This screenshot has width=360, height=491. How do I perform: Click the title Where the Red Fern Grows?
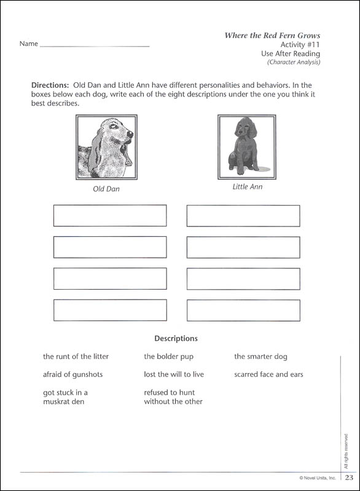coord(272,35)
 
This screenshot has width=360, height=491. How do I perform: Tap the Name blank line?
coord(94,45)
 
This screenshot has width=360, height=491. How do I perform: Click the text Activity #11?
coord(300,45)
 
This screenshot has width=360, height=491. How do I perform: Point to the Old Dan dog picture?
coord(106,147)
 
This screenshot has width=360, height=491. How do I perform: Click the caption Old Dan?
coord(106,189)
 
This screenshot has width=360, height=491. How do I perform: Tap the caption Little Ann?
coord(247,187)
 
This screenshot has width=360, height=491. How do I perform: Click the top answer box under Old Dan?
coord(110,215)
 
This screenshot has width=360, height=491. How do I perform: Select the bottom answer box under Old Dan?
coord(110,310)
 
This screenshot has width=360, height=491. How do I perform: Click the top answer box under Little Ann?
coord(243,215)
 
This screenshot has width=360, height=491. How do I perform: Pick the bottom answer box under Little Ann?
coord(243,310)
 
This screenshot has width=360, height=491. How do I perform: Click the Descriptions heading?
coord(176,338)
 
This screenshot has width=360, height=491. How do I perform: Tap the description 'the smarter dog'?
coord(260,356)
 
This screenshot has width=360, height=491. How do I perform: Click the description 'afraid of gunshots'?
coord(72,374)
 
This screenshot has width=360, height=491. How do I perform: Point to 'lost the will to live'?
coord(174,374)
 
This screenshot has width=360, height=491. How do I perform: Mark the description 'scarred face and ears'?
coord(268,374)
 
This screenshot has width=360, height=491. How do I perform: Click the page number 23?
coord(349,478)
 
